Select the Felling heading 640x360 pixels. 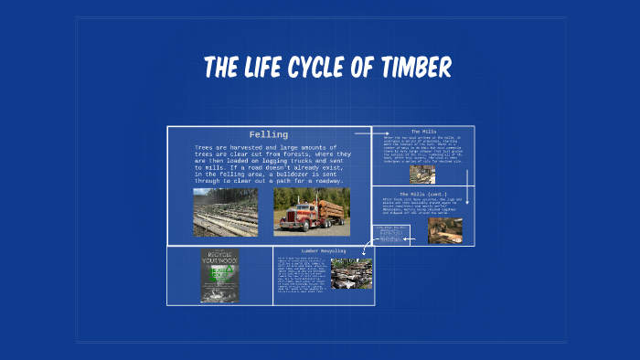(x=268, y=134)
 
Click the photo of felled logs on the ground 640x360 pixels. (x=225, y=212)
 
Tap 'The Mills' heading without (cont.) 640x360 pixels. (x=423, y=132)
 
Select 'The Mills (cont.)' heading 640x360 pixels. (x=422, y=193)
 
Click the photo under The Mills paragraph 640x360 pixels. (x=421, y=173)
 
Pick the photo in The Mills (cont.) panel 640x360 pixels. (x=444, y=230)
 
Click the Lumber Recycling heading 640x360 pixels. (x=323, y=250)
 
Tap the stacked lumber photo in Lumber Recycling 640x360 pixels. (x=351, y=274)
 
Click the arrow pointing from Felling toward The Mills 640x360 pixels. (x=365, y=133)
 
